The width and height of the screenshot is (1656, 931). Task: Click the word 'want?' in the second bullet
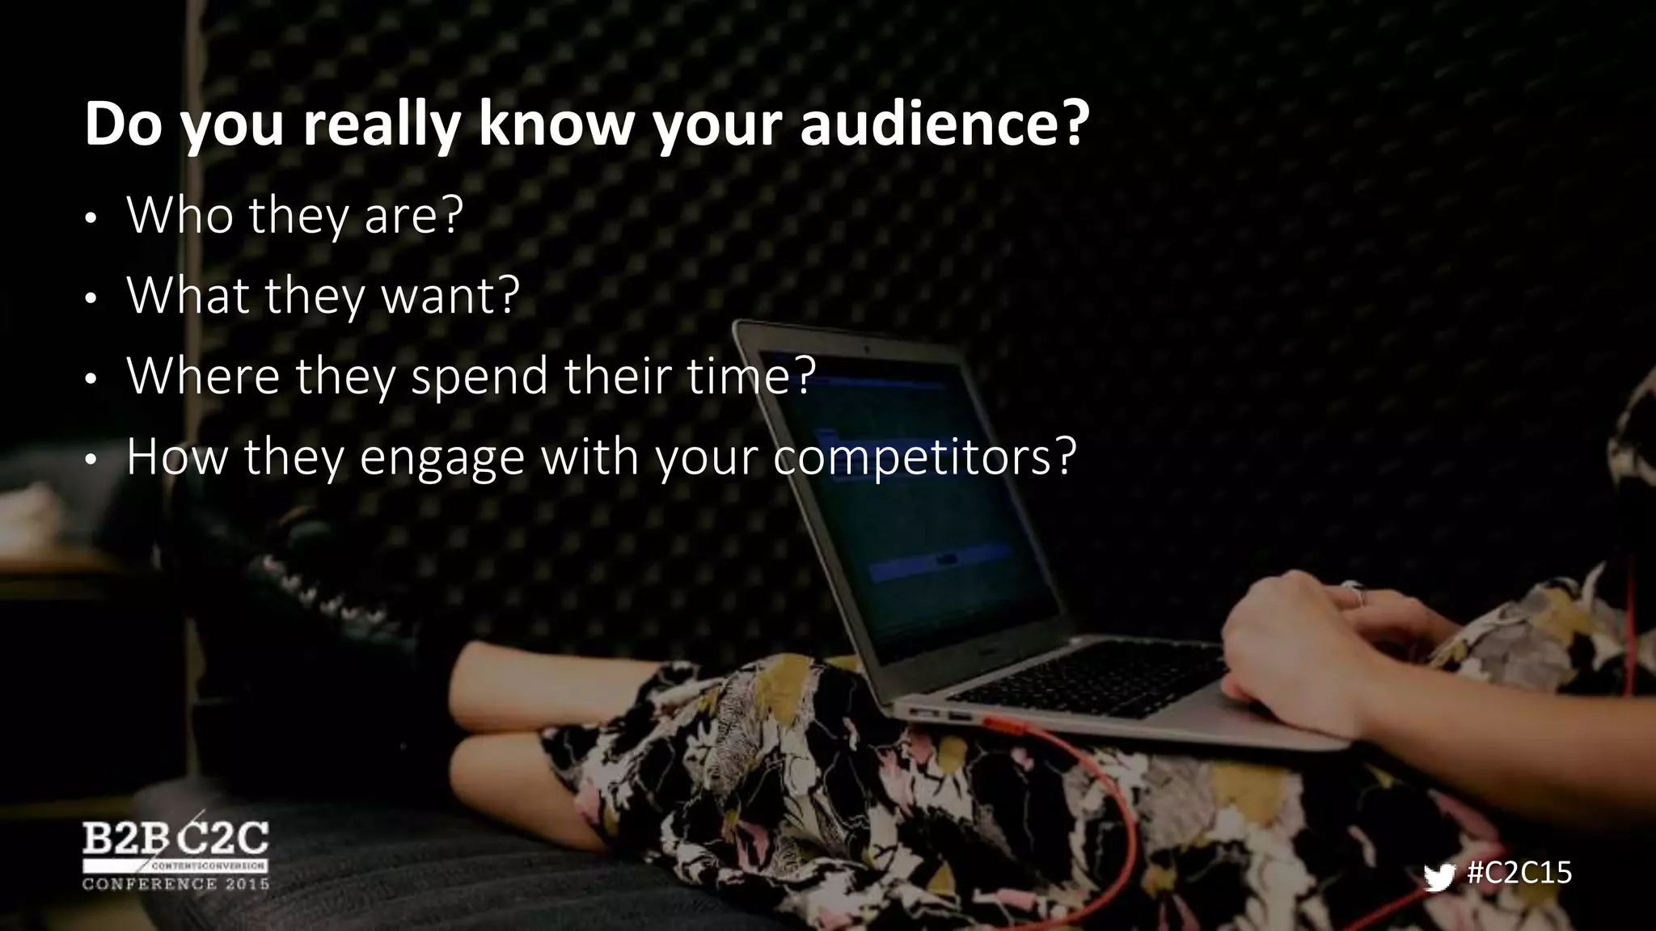click(x=450, y=296)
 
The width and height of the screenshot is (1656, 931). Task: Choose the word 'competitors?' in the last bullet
click(x=924, y=457)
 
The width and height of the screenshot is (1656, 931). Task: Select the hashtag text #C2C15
click(x=1519, y=873)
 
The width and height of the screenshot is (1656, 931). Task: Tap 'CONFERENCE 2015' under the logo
click(x=175, y=883)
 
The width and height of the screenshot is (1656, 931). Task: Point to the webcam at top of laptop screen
click(x=865, y=349)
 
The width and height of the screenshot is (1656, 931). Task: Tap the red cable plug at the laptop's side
click(x=1003, y=722)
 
